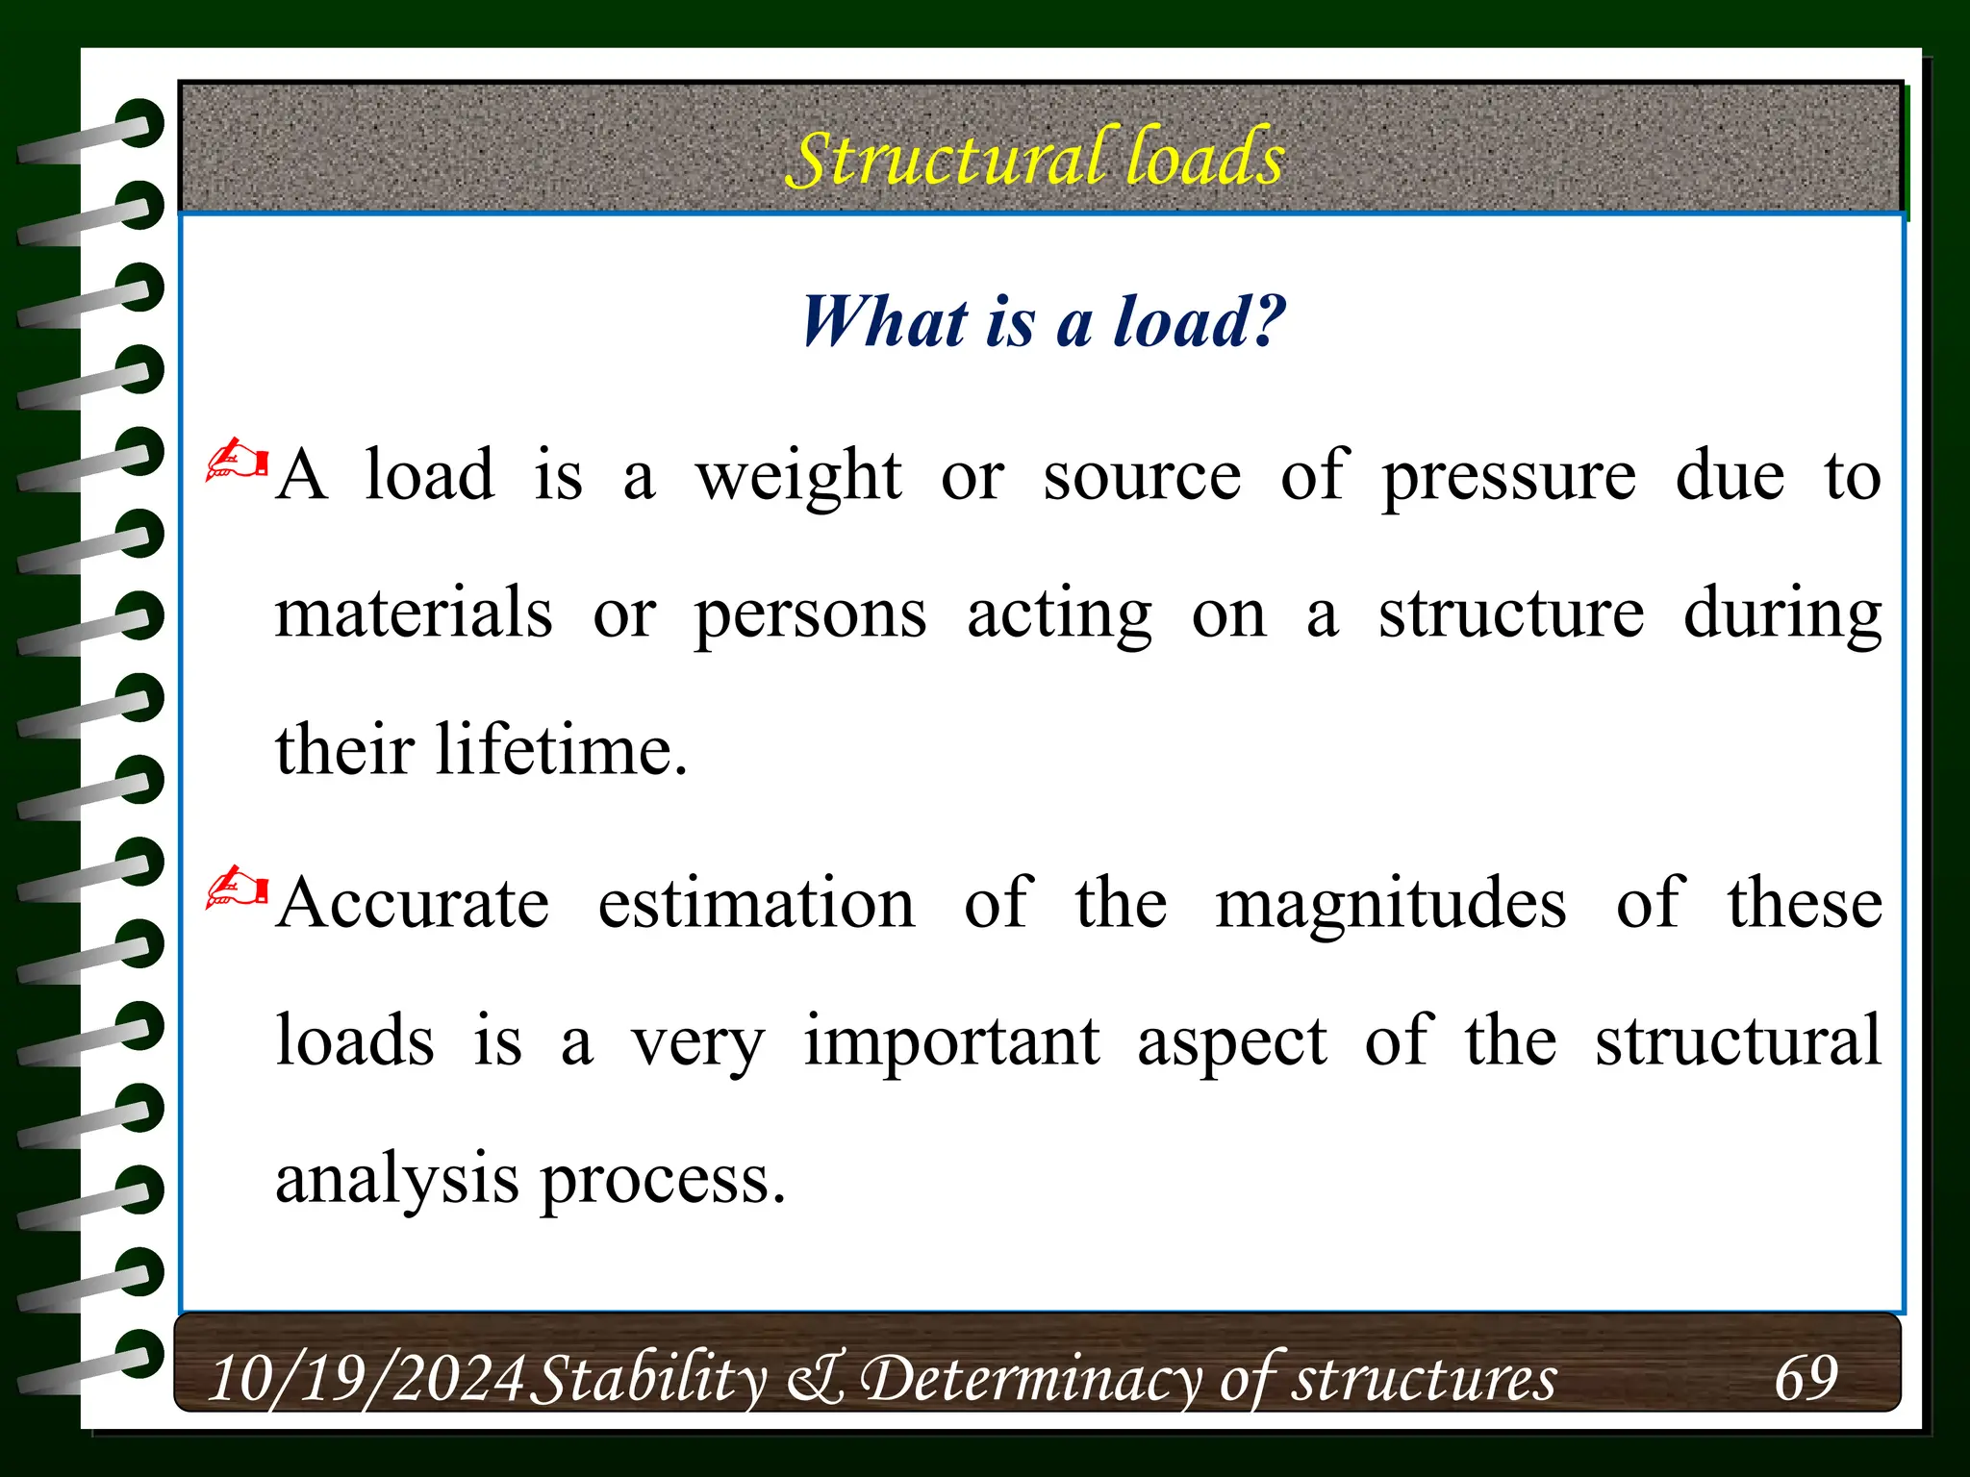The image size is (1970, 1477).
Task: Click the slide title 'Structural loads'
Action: click(x=1035, y=158)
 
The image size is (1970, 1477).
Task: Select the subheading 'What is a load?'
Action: click(x=1043, y=321)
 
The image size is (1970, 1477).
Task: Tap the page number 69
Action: click(x=1806, y=1377)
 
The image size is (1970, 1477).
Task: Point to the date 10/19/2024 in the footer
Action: click(x=366, y=1378)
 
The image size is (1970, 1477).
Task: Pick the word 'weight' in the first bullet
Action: click(x=798, y=477)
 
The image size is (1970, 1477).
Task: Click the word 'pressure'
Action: click(x=1508, y=477)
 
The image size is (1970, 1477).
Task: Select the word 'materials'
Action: click(x=414, y=613)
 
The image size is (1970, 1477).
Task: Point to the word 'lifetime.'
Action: click(x=562, y=750)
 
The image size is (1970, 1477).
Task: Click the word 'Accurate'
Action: click(x=414, y=904)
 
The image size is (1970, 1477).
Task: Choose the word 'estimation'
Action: click(x=756, y=904)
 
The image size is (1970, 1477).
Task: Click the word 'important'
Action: click(x=951, y=1042)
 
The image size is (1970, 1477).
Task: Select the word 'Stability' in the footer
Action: click(x=649, y=1378)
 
